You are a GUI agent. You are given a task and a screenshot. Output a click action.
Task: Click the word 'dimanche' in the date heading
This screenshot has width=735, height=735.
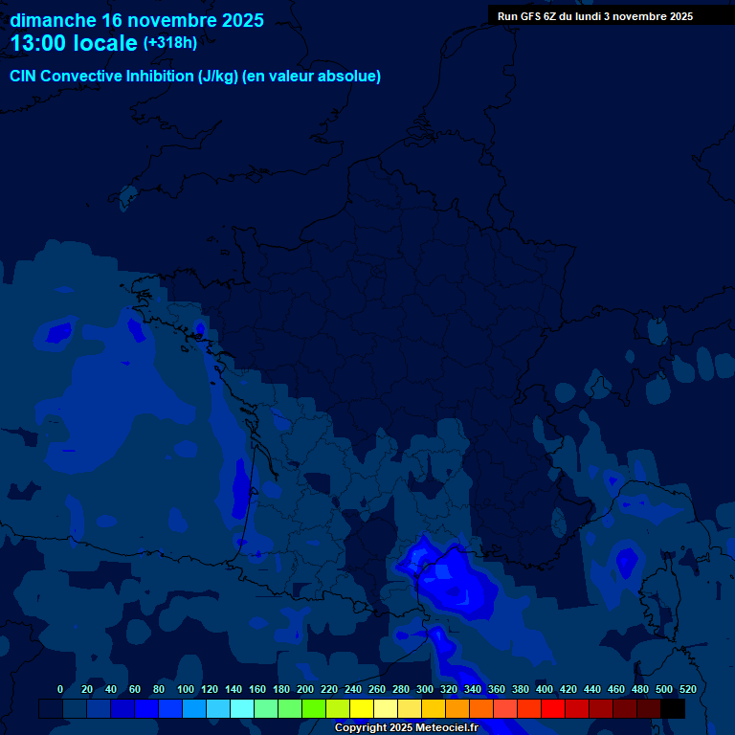(x=52, y=20)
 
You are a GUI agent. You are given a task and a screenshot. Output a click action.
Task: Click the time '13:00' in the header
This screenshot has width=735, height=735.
(x=40, y=43)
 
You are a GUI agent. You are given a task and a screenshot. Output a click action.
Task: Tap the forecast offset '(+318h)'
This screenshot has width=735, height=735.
(x=169, y=42)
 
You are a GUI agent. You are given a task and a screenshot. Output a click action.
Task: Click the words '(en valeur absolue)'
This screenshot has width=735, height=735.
(x=312, y=77)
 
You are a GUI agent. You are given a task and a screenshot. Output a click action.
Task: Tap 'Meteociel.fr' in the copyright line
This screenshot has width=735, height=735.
(x=446, y=728)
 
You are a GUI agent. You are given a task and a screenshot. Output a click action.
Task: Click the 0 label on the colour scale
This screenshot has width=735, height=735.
(x=60, y=689)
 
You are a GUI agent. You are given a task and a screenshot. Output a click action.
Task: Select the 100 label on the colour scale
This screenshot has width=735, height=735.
(x=186, y=689)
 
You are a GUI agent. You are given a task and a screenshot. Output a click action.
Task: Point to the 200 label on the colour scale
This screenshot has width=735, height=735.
(x=305, y=689)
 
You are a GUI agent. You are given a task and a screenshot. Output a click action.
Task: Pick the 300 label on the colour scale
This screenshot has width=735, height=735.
(x=425, y=689)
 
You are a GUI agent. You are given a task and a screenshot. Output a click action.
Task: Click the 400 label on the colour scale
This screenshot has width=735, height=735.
(x=545, y=689)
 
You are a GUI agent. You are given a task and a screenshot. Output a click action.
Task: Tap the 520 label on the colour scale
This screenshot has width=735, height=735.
(x=687, y=689)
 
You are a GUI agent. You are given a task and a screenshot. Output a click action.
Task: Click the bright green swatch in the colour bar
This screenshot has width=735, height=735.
(x=314, y=708)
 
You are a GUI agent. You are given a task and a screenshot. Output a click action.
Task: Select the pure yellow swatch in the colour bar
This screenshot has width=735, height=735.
(x=362, y=708)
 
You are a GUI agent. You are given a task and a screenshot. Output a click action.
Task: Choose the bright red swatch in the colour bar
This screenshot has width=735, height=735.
(x=553, y=708)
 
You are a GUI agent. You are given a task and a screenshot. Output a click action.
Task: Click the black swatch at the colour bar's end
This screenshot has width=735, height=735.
(x=673, y=708)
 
